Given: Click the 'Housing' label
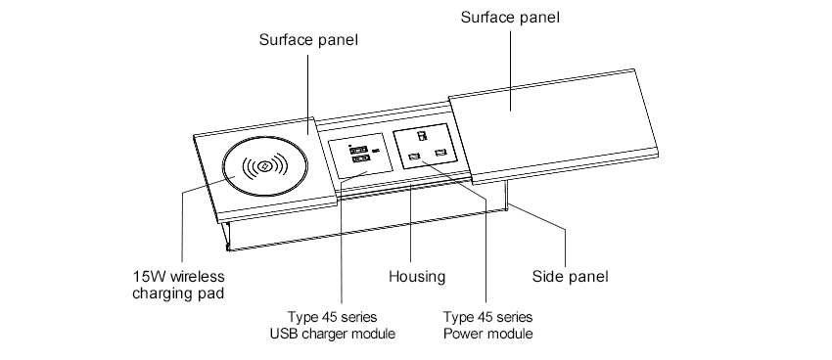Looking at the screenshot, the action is pos(417,277).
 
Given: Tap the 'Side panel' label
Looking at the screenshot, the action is pos(570,277).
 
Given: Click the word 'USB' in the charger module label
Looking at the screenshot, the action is pos(283,334).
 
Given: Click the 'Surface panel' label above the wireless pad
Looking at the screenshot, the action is pos(308,40).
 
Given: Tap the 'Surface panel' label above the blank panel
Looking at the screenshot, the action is pos(510,17).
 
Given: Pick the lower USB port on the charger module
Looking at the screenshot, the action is pos(359,159).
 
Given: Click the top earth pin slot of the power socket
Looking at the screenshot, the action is pos(422,136).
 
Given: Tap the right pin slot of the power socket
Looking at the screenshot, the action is pos(439,153).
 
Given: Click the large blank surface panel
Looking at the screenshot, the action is pos(553,126).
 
